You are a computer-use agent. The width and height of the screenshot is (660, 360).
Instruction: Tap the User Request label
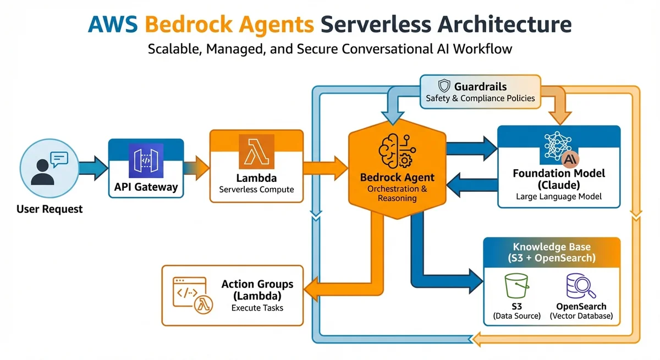[50, 209]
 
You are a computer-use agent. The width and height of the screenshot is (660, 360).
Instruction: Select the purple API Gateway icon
[146, 160]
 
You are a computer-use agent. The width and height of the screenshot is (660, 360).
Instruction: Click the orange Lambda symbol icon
[256, 151]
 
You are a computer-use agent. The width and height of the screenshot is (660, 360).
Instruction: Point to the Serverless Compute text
[256, 190]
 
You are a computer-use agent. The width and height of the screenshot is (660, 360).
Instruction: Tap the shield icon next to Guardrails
[444, 86]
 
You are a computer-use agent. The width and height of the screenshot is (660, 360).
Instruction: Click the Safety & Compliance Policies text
[480, 98]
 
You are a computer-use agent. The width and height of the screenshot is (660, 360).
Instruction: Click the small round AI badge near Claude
[570, 160]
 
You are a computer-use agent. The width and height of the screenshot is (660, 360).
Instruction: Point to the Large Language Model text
[559, 196]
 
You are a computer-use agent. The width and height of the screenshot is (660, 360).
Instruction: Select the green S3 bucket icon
[516, 286]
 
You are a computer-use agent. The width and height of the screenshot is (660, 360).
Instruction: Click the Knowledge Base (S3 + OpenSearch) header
[552, 252]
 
